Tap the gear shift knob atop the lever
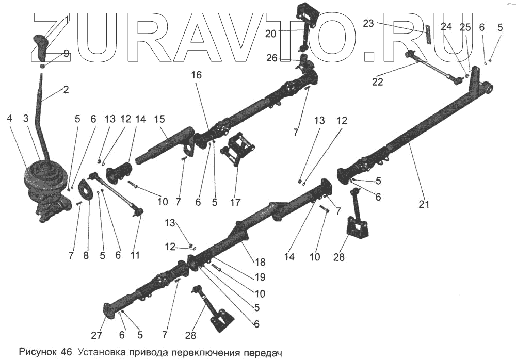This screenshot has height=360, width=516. point(41,45)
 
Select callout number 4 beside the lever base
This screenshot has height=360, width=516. point(9,118)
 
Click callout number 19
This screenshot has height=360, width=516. point(260,277)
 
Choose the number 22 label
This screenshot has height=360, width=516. point(378,81)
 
